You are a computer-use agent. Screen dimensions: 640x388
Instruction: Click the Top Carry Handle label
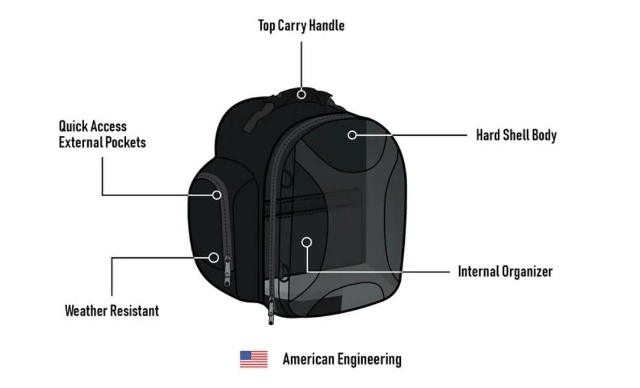301,25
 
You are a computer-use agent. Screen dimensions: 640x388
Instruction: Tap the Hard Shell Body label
517,135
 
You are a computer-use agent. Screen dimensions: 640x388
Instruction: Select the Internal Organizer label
506,271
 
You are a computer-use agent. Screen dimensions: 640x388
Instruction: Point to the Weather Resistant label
112,310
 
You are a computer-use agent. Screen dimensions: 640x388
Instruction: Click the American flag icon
254,359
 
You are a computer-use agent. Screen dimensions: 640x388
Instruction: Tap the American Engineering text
342,359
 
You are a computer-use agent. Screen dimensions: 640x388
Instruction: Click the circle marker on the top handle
301,94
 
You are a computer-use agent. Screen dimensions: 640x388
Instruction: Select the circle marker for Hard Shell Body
352,135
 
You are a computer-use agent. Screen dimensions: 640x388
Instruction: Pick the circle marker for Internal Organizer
307,242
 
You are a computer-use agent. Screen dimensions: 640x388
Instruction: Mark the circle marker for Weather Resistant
213,257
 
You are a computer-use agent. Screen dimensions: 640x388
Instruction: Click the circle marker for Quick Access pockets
217,195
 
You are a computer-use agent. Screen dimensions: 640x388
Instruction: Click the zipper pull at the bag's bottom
271,310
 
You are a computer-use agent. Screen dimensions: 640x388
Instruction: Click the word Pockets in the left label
125,142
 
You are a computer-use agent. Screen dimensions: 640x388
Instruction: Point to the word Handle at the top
326,25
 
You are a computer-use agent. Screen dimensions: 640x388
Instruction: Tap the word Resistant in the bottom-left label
135,310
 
